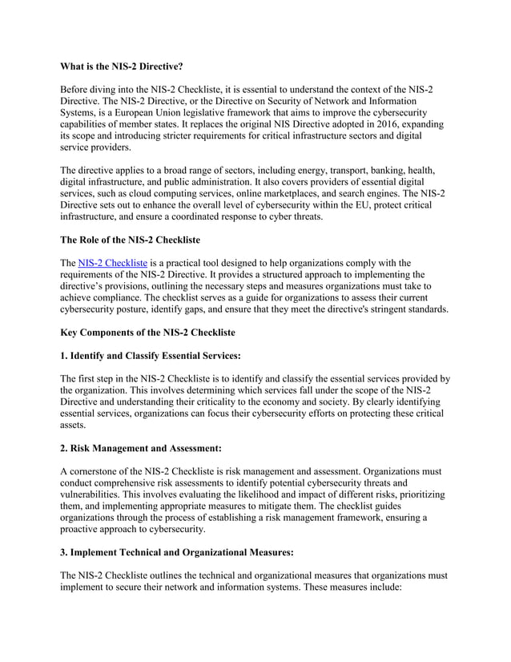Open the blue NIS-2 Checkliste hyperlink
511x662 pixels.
[112, 262]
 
